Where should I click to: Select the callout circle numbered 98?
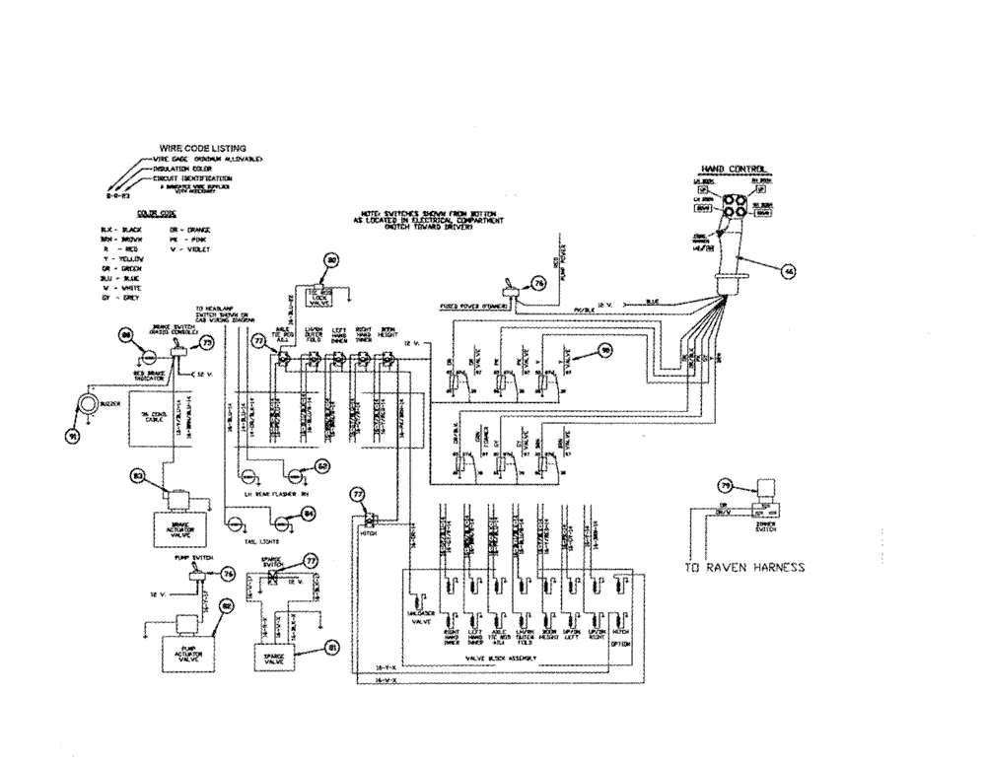606,350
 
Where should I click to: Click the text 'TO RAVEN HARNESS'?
744,568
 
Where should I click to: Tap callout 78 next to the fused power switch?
538,284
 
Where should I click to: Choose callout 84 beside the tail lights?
309,513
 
